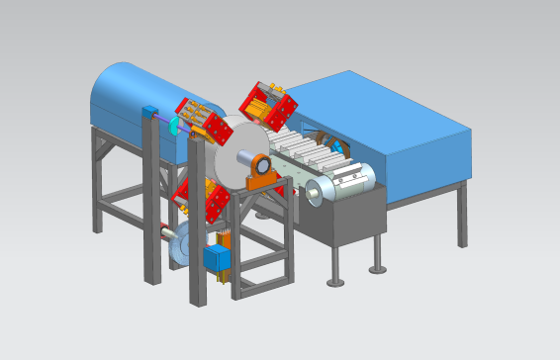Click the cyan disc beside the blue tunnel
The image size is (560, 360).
[175, 126]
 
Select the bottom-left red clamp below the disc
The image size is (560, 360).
[202, 199]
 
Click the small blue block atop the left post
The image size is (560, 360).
[150, 111]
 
